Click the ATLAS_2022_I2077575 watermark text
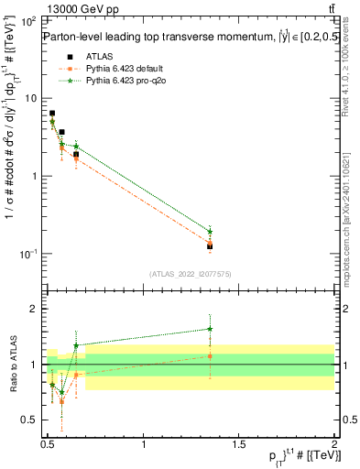click(190, 274)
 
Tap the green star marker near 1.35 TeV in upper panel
click(210, 232)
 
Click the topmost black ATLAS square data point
click(52, 114)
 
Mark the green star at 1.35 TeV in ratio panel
click(210, 329)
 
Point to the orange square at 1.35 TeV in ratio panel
click(210, 356)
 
